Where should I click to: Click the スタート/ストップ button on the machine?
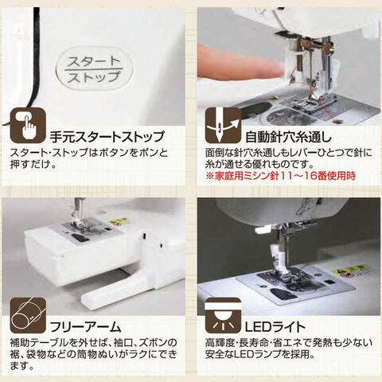(x=94, y=68)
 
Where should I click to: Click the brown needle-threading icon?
(x=224, y=126)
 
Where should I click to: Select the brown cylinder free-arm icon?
(x=28, y=315)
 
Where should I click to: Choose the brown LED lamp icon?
(x=224, y=315)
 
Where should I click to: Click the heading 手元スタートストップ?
(x=107, y=137)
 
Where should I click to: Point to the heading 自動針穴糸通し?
(x=289, y=137)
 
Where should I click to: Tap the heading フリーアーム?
(x=85, y=326)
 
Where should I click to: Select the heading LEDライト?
(x=275, y=326)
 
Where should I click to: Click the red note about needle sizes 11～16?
(x=281, y=176)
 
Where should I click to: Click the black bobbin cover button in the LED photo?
(x=281, y=294)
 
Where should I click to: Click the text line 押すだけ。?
(x=33, y=165)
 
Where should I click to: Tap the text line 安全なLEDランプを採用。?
(x=260, y=354)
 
